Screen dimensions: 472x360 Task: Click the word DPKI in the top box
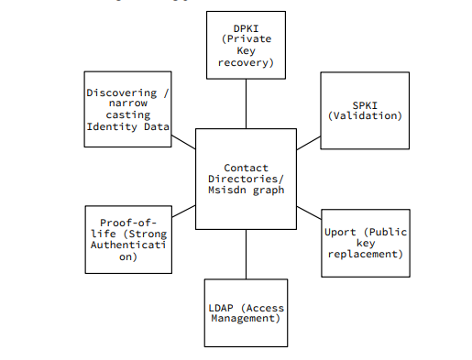[246, 28]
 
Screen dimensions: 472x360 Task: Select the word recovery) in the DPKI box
[246, 62]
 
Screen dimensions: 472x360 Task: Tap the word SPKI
[365, 105]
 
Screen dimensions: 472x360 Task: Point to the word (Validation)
[365, 116]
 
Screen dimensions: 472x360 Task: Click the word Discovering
[122, 93]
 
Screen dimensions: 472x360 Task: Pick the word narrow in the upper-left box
[128, 104]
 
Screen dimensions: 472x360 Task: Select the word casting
[128, 115]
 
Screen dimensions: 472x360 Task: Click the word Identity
[112, 126]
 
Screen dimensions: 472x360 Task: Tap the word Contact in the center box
[246, 168]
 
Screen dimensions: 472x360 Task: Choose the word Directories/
[246, 179]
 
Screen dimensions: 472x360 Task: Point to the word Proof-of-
[128, 223]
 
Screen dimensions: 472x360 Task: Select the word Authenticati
[128, 245]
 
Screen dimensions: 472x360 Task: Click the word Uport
[340, 233]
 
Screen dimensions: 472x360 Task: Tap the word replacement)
[366, 255]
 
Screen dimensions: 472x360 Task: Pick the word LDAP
[221, 308]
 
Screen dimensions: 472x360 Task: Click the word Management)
[246, 319]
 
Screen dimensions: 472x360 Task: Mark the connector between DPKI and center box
[246, 104]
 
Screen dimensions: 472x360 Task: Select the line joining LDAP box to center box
[246, 254]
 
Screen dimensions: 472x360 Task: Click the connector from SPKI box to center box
[309, 143]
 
